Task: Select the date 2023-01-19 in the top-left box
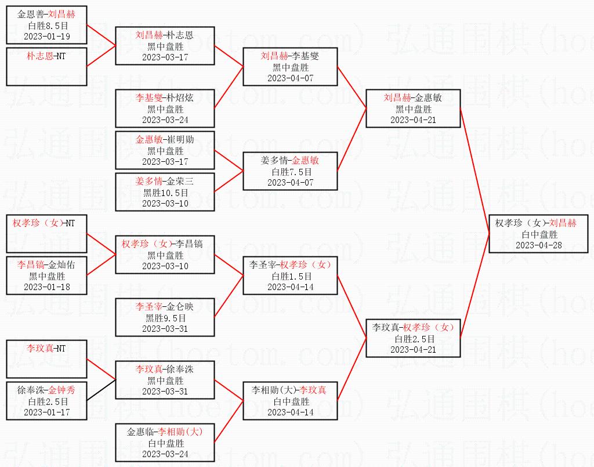[47, 36]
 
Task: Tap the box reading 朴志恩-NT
[47, 66]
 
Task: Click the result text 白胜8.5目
[47, 26]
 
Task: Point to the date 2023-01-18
[47, 287]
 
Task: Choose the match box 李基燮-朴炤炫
[165, 108]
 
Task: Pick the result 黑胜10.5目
[165, 193]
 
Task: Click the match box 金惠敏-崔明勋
[165, 150]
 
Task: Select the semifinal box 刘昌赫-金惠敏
[413, 108]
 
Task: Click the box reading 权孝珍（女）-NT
[47, 233]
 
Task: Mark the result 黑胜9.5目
[165, 318]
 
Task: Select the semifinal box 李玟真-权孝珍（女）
[413, 338]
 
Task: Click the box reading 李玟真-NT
[47, 359]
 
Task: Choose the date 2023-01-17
[47, 412]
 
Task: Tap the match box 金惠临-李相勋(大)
[165, 442]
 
